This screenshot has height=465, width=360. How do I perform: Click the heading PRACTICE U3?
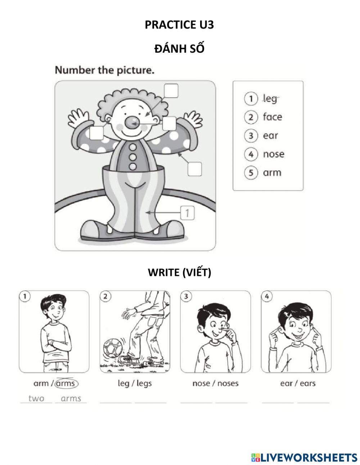pyautogui.click(x=179, y=25)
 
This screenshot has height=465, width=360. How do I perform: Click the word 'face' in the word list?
pyautogui.click(x=273, y=117)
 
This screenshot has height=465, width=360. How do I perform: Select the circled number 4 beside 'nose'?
pyautogui.click(x=251, y=154)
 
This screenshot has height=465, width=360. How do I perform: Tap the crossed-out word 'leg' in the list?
pyautogui.click(x=270, y=99)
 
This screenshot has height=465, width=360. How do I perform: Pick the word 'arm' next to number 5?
pyautogui.click(x=272, y=173)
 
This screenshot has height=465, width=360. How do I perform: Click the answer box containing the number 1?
pyautogui.click(x=188, y=213)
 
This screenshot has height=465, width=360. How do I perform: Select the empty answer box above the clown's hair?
pyautogui.click(x=171, y=91)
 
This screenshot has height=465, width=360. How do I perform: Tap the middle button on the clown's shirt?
pyautogui.click(x=133, y=157)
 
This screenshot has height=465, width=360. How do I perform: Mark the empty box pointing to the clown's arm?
pyautogui.click(x=195, y=169)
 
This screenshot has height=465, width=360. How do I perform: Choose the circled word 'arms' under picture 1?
pyautogui.click(x=67, y=384)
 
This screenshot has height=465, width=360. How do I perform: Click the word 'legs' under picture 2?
pyautogui.click(x=144, y=384)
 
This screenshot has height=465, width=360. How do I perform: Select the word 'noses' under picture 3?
pyautogui.click(x=228, y=384)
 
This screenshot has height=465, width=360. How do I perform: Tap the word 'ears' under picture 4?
pyautogui.click(x=308, y=384)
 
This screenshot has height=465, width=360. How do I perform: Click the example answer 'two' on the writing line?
pyautogui.click(x=36, y=398)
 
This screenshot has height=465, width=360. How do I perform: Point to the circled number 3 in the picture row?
pyautogui.click(x=186, y=296)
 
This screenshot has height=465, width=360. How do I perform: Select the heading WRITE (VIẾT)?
pyautogui.click(x=179, y=272)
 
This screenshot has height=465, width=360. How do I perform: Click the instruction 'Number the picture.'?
pyautogui.click(x=104, y=70)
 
